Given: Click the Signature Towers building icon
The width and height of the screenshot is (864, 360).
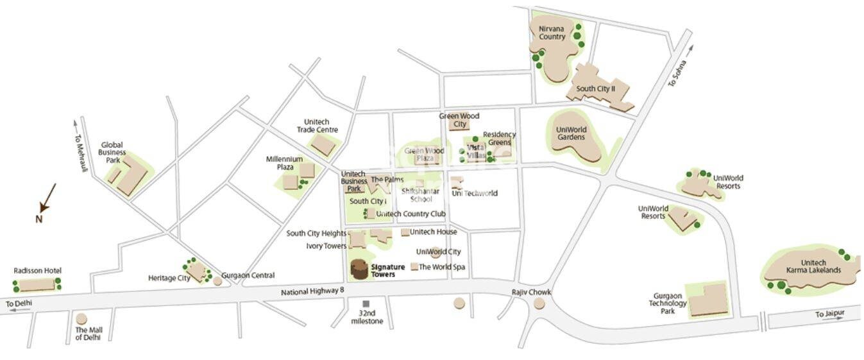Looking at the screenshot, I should (x=360, y=270).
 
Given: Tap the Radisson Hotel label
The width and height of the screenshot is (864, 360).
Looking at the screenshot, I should (x=37, y=271).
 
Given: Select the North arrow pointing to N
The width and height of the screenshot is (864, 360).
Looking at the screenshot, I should (x=47, y=198).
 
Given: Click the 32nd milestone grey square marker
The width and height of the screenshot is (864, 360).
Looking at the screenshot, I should (x=366, y=304).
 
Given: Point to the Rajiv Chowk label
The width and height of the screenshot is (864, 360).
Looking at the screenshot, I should (x=531, y=292).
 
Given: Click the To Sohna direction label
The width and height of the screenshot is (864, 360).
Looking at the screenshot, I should (x=677, y=73).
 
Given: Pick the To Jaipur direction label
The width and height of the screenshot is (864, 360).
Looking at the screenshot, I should (x=829, y=314).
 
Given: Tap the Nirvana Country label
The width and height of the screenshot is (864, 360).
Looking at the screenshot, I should (x=552, y=33).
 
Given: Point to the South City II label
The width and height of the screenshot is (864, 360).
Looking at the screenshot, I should (x=595, y=89).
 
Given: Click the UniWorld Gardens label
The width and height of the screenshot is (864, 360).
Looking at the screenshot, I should (x=571, y=133).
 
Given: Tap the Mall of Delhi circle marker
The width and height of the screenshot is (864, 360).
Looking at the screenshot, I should (x=81, y=319).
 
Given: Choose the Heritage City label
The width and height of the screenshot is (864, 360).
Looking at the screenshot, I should (x=169, y=278).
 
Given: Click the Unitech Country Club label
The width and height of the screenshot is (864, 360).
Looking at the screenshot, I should (x=411, y=214).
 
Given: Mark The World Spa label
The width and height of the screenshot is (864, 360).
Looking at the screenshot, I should (x=441, y=267).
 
